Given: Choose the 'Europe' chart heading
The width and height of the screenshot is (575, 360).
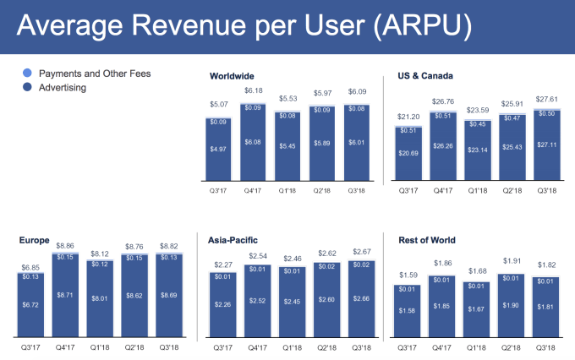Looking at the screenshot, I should click(33, 240).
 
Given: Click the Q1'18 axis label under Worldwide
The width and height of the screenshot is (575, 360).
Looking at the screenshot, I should click(288, 191).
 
